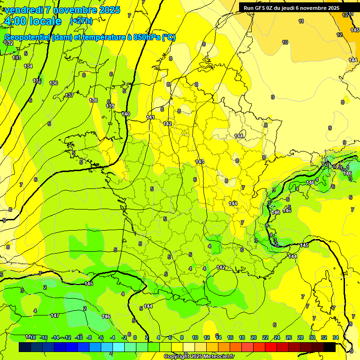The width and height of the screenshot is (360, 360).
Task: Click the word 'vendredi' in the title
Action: (25, 10)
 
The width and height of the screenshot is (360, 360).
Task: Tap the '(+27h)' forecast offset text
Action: (81, 21)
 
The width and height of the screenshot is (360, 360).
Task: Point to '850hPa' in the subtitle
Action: (145, 37)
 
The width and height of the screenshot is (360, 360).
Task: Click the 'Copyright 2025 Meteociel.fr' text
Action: (199, 356)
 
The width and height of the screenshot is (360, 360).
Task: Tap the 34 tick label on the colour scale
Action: (336, 337)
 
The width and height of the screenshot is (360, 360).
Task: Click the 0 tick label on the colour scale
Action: (135, 337)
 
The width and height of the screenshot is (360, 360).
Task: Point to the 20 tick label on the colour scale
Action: (253, 337)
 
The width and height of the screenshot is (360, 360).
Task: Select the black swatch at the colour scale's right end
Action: (329, 347)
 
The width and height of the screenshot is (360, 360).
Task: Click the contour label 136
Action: (53, 83)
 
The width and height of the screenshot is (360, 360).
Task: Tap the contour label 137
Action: (69, 95)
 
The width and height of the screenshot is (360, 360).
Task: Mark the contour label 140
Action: (126, 114)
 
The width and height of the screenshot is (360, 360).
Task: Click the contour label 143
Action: (200, 162)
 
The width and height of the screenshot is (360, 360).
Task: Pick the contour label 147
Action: (55, 315)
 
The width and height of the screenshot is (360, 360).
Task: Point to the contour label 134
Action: (29, 66)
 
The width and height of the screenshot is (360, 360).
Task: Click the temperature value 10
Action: (285, 42)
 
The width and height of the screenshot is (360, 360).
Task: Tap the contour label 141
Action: (150, 117)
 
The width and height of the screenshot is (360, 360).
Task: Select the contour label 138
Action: (93, 100)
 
